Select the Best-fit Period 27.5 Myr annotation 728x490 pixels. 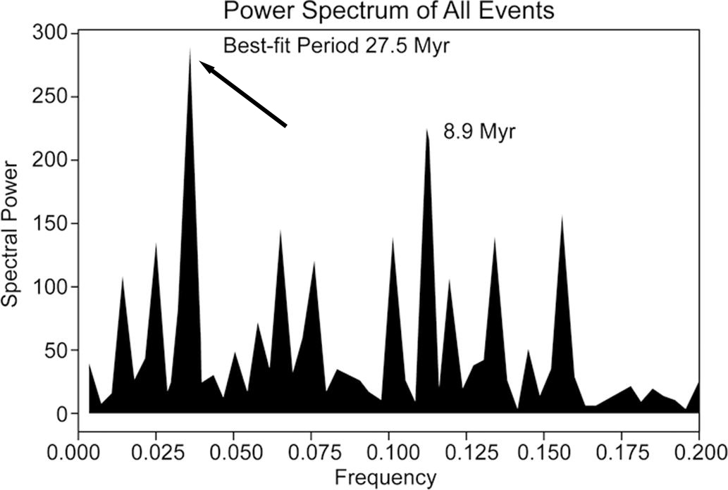(336, 46)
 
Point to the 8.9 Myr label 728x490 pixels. (475, 131)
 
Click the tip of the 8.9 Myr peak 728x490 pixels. (427, 130)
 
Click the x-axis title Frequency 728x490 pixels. (385, 477)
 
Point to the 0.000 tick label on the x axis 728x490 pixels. (78, 450)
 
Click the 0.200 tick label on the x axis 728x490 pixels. (698, 450)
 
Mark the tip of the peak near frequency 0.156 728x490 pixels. (562, 215)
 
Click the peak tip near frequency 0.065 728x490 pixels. (280, 230)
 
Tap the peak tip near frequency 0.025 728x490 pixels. (156, 244)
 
